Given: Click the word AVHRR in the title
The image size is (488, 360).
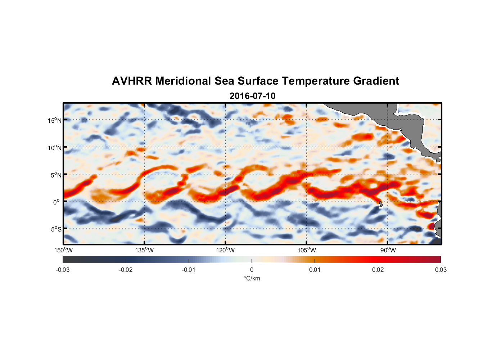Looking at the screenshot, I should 131,81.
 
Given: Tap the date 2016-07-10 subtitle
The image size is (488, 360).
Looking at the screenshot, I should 252,96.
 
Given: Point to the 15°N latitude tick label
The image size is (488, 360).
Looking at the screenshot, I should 55,120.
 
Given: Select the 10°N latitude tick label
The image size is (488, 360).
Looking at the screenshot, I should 55,148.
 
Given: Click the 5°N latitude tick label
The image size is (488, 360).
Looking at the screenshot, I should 56,175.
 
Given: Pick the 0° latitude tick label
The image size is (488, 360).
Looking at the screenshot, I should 57,202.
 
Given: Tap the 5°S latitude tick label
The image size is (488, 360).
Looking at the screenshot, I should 56,229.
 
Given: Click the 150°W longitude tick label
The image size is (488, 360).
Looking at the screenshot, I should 64,250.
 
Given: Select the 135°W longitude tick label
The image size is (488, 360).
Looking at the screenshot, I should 145,250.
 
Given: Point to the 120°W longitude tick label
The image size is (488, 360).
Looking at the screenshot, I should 226,250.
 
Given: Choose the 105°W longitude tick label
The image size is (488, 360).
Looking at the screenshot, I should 307,250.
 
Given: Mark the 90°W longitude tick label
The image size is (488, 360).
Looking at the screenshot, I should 388,250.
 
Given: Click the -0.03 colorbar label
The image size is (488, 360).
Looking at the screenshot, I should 63,270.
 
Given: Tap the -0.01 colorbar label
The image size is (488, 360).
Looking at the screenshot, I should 189,270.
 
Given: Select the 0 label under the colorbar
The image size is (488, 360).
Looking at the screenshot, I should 252,270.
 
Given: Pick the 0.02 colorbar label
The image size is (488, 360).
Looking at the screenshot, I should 378,270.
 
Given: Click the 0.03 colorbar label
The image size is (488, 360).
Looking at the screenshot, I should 440,270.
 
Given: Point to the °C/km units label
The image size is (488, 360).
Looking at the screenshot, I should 252,278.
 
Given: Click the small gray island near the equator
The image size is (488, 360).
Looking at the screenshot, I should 381,204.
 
